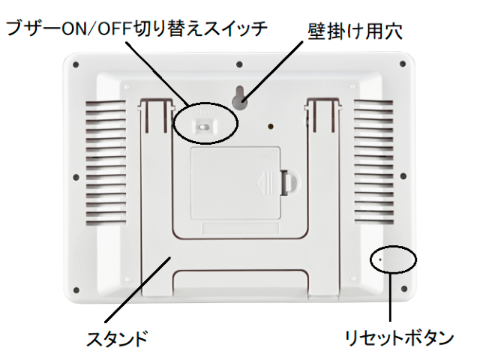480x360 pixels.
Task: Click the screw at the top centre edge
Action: click(238, 64)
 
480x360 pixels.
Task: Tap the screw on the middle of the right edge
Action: click(403, 178)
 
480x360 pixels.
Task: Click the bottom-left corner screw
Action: click(75, 289)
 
